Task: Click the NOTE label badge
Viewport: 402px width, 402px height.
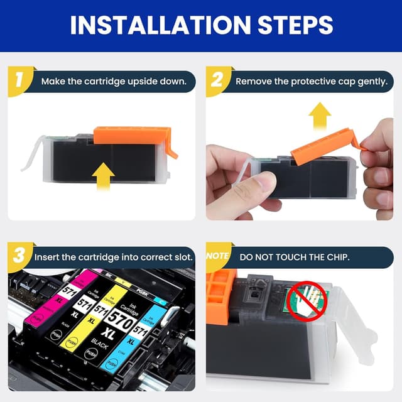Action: (x=217, y=257)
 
